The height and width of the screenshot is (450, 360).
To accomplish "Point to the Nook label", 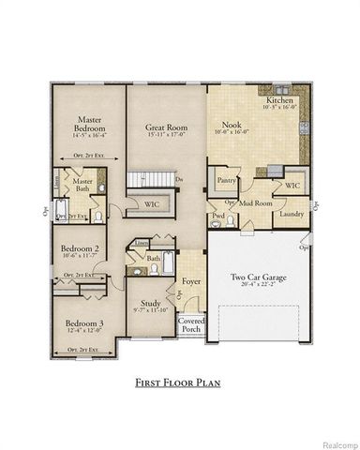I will [x=232, y=124].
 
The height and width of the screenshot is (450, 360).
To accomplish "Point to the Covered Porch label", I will [x=191, y=325].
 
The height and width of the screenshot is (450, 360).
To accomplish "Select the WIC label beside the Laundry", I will [x=291, y=186].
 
